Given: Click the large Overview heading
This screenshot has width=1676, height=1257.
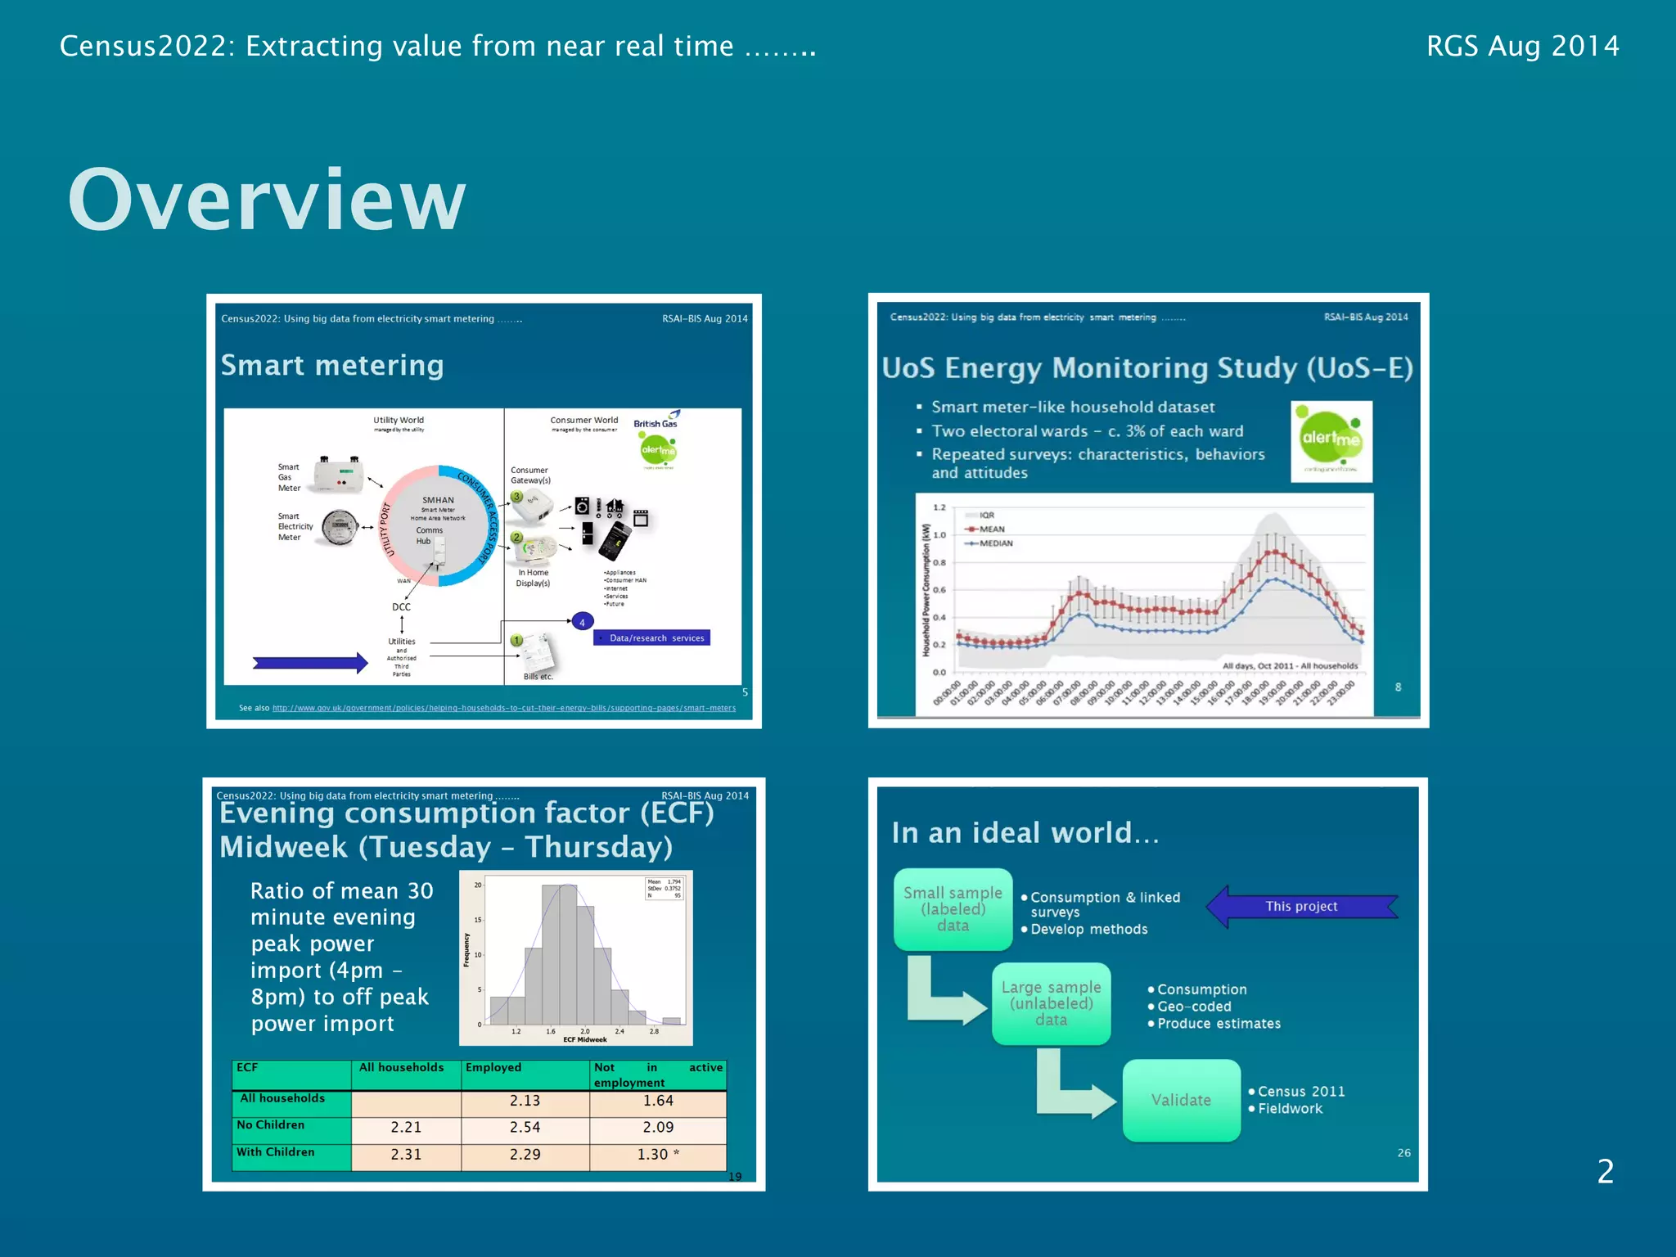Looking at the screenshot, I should point(267,200).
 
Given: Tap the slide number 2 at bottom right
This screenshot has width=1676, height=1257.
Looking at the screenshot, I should point(1605,1171).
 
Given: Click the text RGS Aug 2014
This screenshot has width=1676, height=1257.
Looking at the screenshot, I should point(1522,46).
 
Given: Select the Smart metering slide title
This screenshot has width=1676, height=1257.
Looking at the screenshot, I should point(332,365).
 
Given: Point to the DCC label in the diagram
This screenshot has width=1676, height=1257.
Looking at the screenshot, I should point(401,607).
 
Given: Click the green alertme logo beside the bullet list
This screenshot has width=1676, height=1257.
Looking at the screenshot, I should point(1331,441).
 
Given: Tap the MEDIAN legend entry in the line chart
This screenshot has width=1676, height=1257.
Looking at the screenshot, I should point(995,543).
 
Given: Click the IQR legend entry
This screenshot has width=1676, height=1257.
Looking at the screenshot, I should point(987,516).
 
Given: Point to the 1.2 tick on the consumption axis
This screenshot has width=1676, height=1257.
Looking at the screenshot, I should point(939,507).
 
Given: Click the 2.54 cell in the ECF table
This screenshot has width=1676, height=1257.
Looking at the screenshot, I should point(525,1127).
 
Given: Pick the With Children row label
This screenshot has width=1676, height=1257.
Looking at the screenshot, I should point(276,1152).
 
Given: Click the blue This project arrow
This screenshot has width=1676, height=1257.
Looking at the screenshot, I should point(1301,906).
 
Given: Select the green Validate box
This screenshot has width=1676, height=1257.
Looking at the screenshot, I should point(1181,1100).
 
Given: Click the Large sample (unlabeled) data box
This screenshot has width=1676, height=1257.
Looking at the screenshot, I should point(1051,1003).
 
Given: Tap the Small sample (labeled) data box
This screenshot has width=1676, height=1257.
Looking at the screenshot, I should point(953,909).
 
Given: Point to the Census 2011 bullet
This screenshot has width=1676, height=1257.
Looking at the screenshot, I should point(1301,1092).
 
